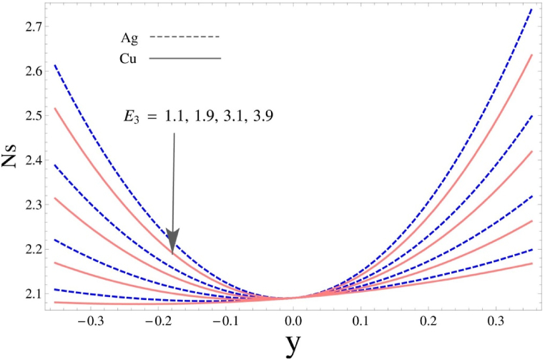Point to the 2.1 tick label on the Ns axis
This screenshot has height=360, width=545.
coord(25,293)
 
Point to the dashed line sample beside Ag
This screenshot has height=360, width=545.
coord(185,37)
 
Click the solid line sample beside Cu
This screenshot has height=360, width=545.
coord(185,58)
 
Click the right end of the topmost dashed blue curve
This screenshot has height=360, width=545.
coord(531,9)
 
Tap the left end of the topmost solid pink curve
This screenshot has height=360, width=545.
coord(54,109)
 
